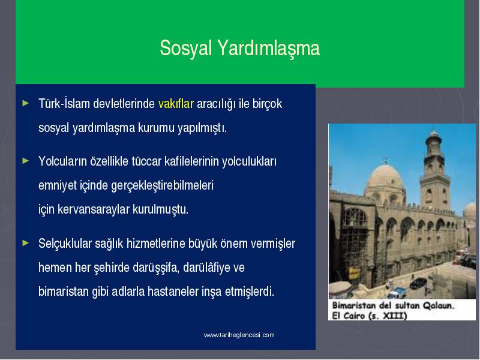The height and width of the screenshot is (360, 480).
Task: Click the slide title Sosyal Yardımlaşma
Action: (x=239, y=49)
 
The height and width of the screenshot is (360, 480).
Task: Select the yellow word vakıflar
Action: (x=176, y=104)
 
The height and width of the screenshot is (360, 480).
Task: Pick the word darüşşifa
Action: (x=155, y=268)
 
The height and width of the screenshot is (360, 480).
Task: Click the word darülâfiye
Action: (x=206, y=268)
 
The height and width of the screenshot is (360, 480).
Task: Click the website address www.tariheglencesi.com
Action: (x=239, y=335)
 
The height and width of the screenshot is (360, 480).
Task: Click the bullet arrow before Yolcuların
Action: (x=26, y=160)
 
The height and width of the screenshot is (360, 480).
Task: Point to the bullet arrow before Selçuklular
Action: (x=26, y=243)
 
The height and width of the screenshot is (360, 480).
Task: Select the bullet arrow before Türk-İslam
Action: (x=26, y=103)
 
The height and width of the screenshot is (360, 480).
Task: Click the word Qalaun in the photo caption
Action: (x=439, y=305)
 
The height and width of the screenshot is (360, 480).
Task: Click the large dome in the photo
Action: (x=385, y=178)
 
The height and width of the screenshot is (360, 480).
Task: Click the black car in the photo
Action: (x=418, y=283)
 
